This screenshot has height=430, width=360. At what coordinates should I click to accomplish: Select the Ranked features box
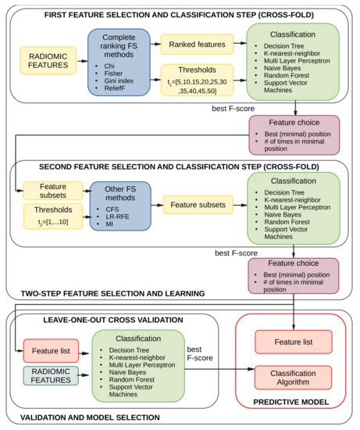(x=196, y=45)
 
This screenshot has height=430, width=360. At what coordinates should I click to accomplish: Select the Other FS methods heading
(x=119, y=192)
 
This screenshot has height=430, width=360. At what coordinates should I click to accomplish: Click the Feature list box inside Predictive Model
(x=294, y=342)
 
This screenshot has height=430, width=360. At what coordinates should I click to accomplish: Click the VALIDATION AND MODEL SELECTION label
(x=97, y=416)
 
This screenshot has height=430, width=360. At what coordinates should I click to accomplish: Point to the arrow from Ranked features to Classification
(x=239, y=45)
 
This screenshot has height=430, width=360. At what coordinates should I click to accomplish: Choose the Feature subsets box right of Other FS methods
(x=198, y=206)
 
